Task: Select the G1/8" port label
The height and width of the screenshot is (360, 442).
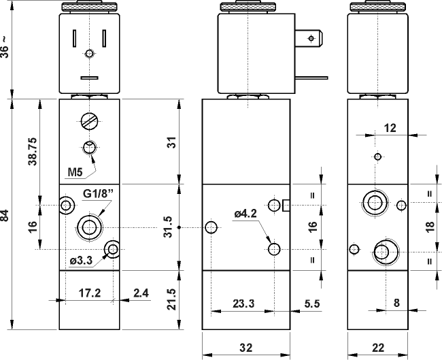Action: point(97,194)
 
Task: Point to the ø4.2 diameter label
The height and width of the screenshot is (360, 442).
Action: point(245,214)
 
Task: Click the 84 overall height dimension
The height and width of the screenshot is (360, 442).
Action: point(6,216)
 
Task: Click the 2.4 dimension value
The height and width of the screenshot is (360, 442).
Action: point(141,293)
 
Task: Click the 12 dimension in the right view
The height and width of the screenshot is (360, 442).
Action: point(390,127)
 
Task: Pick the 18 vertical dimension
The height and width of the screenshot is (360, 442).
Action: point(430,227)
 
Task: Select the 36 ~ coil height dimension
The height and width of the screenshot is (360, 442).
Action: point(6,48)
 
